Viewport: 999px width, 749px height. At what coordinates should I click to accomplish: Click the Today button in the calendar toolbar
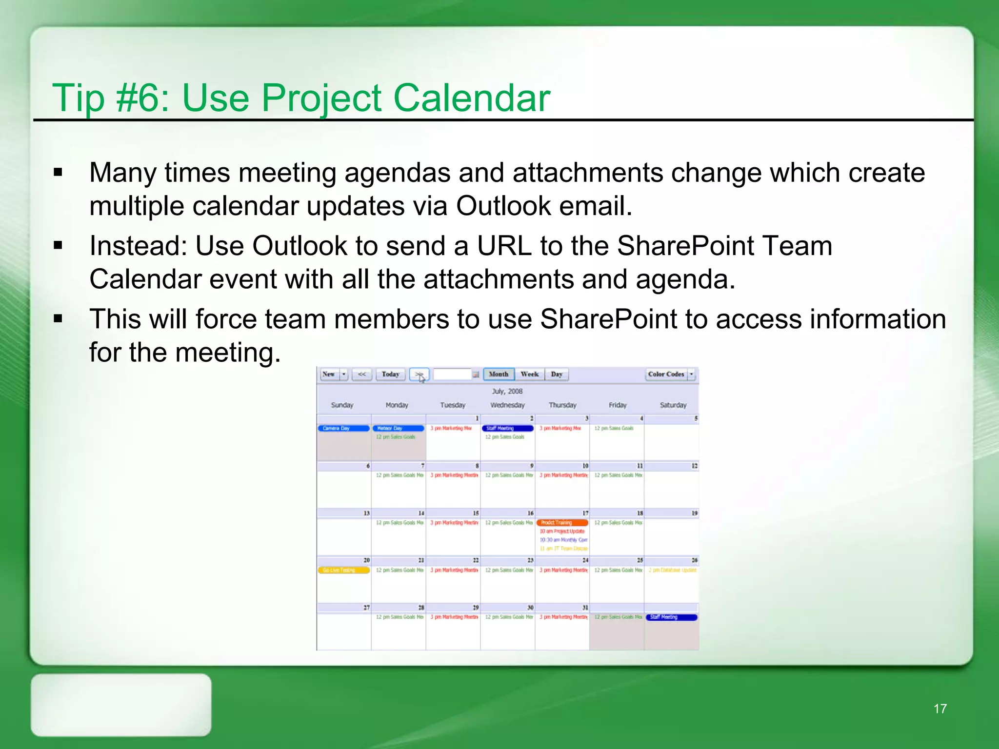pyautogui.click(x=390, y=374)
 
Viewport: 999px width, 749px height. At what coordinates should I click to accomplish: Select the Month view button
pyautogui.click(x=499, y=374)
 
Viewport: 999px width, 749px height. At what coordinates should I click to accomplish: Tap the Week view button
pyautogui.click(x=529, y=374)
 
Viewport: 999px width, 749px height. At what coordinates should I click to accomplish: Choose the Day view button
pyautogui.click(x=557, y=374)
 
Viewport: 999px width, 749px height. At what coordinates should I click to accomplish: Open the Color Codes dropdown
pyautogui.click(x=691, y=374)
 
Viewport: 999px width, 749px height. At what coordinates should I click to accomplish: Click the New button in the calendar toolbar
pyautogui.click(x=329, y=374)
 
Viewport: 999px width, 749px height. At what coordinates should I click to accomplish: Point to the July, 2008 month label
pyautogui.click(x=507, y=391)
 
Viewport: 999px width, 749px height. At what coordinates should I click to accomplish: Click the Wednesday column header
pyautogui.click(x=507, y=405)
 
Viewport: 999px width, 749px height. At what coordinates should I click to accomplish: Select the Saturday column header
pyautogui.click(x=673, y=405)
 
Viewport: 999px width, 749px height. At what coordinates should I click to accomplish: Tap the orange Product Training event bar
pyautogui.click(x=562, y=522)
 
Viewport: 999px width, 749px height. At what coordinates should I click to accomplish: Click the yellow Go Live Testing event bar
pyautogui.click(x=343, y=570)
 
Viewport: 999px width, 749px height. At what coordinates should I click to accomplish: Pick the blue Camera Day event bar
pyautogui.click(x=343, y=428)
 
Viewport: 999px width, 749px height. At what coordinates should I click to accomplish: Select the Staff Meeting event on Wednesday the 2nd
pyautogui.click(x=507, y=428)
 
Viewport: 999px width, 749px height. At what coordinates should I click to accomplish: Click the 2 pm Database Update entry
pyautogui.click(x=672, y=570)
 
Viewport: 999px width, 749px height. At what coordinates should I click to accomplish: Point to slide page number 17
pyautogui.click(x=940, y=709)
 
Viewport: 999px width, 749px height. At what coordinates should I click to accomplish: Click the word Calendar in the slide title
pyautogui.click(x=471, y=98)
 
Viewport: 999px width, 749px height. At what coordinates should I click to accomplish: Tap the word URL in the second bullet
pyautogui.click(x=504, y=246)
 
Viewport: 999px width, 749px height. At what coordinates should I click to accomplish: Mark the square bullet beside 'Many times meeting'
pyautogui.click(x=58, y=172)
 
